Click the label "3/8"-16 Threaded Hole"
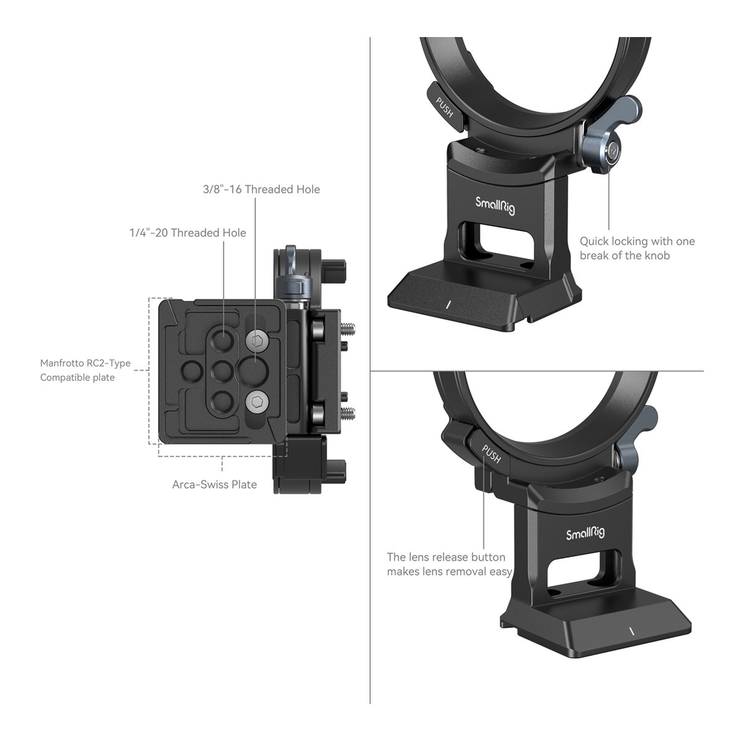click(x=261, y=189)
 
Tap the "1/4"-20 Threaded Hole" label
click(x=188, y=233)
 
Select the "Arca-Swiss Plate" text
click(x=214, y=485)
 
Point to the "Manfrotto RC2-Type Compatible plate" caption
click(x=85, y=371)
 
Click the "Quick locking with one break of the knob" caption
click(x=637, y=248)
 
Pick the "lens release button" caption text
click(x=449, y=564)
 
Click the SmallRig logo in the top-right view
click(x=495, y=206)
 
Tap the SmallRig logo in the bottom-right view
click(x=585, y=534)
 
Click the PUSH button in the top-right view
click(x=446, y=107)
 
